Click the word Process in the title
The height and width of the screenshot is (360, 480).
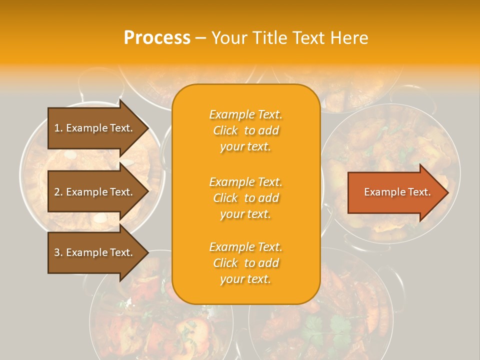point(157,38)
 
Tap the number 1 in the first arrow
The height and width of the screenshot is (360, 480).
point(57,128)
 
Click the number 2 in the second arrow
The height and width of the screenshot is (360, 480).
point(57,192)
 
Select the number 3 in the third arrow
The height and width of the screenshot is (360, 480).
point(57,252)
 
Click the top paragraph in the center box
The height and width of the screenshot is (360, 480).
point(245,130)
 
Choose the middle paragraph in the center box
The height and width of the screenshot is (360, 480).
point(245,198)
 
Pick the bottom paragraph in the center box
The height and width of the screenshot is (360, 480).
point(245,263)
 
